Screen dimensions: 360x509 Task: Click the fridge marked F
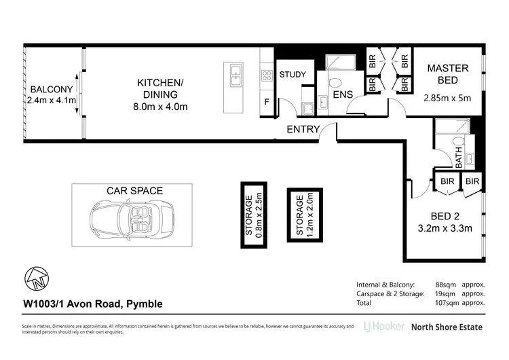[x=266, y=103]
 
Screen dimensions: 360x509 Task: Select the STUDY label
[x=293, y=75]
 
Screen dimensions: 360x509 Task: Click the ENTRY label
[x=303, y=129]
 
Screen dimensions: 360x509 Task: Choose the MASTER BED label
[x=448, y=75]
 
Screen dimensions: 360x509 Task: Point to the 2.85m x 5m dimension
[x=447, y=98]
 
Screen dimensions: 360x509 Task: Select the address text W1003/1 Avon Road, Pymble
[x=92, y=304]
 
